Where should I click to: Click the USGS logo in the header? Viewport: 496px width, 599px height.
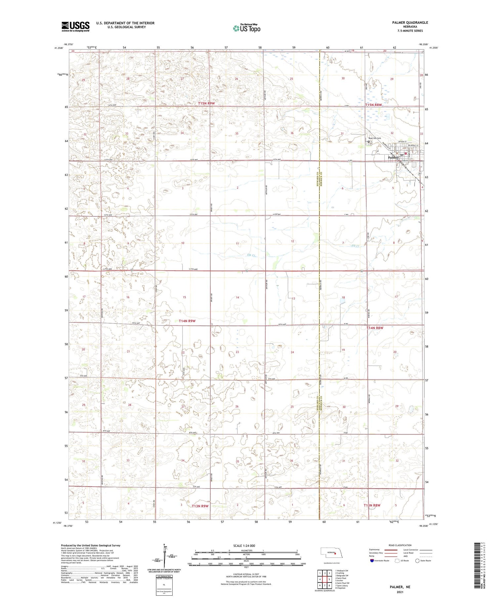point(75,26)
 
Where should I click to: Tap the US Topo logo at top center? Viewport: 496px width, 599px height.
point(246,28)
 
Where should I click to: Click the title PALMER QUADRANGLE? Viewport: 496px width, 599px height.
point(408,22)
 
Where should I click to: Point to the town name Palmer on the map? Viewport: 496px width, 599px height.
point(393,158)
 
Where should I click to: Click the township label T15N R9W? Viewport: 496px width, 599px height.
point(206,103)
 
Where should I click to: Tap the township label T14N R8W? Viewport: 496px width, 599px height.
point(375,328)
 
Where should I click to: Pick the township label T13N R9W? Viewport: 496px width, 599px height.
point(200,506)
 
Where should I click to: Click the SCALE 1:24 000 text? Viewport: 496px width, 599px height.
point(244,545)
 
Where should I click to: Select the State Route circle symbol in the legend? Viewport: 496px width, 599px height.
point(417,561)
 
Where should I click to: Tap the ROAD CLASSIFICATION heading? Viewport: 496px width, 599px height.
point(400,545)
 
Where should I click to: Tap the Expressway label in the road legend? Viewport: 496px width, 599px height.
point(374,550)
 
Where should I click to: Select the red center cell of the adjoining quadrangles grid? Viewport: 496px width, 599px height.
point(324,579)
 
